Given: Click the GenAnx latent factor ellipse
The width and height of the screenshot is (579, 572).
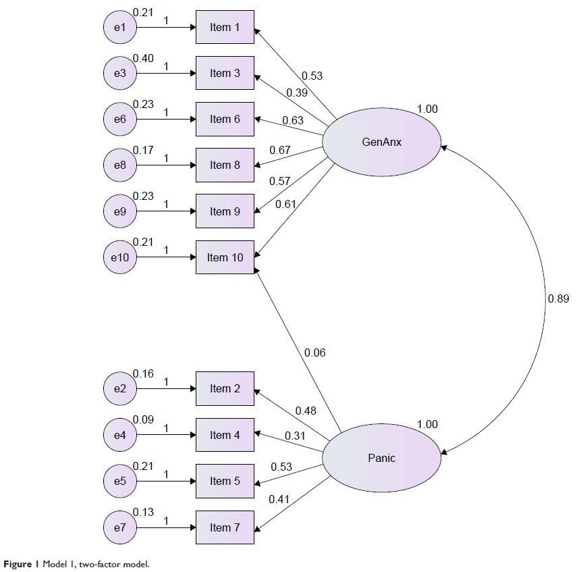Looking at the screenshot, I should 381,142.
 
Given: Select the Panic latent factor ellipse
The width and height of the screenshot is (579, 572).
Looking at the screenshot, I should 381,458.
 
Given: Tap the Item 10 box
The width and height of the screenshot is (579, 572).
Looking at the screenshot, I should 225,257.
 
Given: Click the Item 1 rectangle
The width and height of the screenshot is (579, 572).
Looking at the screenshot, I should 225,27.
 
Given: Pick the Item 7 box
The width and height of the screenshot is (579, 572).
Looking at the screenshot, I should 225,527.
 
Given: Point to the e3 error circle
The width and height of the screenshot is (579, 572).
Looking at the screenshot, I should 119,74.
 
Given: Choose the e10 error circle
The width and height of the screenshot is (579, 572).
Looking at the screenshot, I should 119,257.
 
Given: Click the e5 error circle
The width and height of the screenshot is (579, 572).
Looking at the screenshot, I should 119,482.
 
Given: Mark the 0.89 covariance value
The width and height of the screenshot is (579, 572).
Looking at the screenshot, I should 558,298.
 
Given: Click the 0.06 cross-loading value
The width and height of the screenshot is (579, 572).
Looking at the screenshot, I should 314,353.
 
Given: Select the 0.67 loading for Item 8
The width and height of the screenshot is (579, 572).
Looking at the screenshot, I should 279,150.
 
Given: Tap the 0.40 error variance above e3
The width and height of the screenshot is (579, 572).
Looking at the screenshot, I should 143,59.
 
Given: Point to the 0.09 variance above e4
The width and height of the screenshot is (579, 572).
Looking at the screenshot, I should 143,419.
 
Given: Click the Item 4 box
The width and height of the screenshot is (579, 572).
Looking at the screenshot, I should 225,435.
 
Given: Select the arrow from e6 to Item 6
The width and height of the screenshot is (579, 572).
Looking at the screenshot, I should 165,120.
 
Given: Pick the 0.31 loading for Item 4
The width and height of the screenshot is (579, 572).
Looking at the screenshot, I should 294,436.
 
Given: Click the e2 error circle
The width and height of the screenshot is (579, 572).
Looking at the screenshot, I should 119,388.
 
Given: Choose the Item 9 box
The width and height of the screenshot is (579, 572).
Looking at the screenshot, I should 225,211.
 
